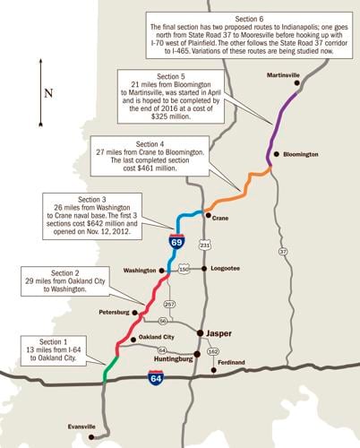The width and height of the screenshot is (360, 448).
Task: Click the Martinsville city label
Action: point(280,75)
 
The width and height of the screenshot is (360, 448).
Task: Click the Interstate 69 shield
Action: point(177,241)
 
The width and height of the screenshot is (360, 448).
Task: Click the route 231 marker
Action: point(205,245)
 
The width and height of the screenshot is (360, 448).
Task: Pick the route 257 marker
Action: point(170,304)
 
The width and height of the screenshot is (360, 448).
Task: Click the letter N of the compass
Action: point(48,93)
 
